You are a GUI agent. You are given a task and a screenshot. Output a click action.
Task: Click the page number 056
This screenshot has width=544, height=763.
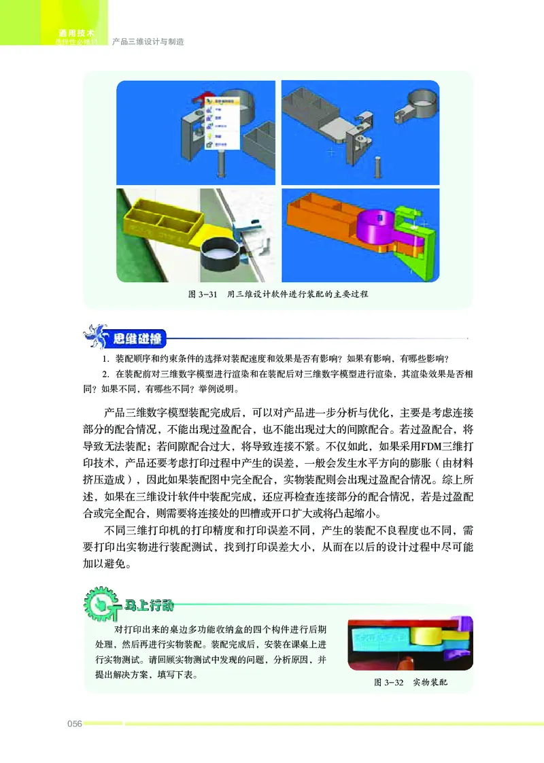point(74,724)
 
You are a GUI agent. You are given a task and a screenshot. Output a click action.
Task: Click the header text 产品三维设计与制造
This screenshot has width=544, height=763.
point(148,41)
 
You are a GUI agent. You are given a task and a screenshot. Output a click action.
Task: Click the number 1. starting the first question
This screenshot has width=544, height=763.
point(106,359)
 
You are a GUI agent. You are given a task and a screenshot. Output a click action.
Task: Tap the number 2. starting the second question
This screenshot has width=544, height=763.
point(106,375)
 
